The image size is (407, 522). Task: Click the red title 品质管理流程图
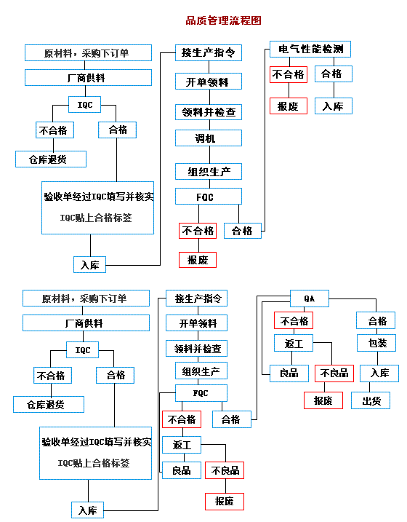pyautogui.click(x=223, y=20)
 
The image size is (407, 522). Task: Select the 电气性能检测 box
pyautogui.click(x=310, y=49)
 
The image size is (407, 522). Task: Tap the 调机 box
pyautogui.click(x=209, y=138)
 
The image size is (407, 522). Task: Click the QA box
pyautogui.click(x=310, y=298)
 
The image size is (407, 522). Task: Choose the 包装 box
pyautogui.click(x=376, y=343)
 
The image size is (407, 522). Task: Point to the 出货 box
pyautogui.click(x=371, y=400)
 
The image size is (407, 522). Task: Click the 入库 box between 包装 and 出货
pyautogui.click(x=379, y=373)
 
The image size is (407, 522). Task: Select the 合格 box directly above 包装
pyautogui.click(x=376, y=320)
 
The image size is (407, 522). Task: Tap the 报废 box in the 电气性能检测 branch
pyautogui.click(x=289, y=106)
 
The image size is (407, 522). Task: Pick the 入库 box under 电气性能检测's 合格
pyautogui.click(x=334, y=106)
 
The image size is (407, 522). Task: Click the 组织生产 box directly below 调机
pyautogui.click(x=209, y=171)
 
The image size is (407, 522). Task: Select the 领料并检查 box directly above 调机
pyautogui.click(x=209, y=112)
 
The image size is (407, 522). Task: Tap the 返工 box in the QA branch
pyautogui.click(x=294, y=343)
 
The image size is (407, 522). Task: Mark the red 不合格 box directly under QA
pyautogui.click(x=294, y=320)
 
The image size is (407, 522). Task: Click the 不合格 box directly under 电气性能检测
pyautogui.click(x=289, y=74)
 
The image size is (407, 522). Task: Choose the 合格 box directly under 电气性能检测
pyautogui.click(x=334, y=74)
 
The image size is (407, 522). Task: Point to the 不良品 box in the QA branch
pyautogui.click(x=334, y=373)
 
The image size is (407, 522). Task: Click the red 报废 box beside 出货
pyautogui.click(x=323, y=400)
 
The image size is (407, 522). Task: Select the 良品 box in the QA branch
pyautogui.click(x=289, y=373)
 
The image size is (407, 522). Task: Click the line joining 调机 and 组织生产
pyautogui.click(x=209, y=155)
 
